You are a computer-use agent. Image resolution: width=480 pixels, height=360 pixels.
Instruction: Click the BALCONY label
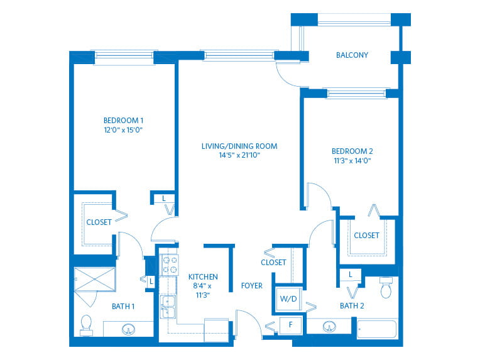click(x=352, y=55)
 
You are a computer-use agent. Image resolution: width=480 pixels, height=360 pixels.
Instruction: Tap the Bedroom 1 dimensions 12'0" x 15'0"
click(x=123, y=130)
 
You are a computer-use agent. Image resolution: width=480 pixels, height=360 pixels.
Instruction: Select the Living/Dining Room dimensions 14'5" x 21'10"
click(x=239, y=155)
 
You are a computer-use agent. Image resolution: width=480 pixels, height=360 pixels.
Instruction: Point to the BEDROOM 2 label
click(x=352, y=151)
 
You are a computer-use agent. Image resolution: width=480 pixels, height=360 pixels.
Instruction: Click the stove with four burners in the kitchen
click(x=170, y=265)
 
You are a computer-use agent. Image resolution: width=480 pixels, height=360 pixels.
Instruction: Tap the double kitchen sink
click(x=168, y=307)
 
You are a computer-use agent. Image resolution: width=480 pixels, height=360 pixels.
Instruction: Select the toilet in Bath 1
click(x=86, y=325)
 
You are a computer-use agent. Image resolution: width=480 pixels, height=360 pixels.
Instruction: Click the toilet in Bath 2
click(x=386, y=288)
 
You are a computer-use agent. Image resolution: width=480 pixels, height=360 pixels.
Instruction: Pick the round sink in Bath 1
click(x=128, y=329)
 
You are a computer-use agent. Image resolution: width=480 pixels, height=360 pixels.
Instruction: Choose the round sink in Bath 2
click(x=329, y=326)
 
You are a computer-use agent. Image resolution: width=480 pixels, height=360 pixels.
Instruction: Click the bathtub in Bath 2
click(x=378, y=329)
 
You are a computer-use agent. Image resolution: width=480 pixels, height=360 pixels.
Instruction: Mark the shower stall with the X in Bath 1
click(x=95, y=279)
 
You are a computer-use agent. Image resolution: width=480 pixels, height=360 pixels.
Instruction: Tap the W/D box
click(x=288, y=299)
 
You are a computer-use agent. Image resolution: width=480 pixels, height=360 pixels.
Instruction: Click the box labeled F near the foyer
click(x=290, y=325)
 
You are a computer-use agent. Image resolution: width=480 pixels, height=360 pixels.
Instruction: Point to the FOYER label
click(x=252, y=286)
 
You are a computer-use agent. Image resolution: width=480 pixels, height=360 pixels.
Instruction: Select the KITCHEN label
click(x=203, y=277)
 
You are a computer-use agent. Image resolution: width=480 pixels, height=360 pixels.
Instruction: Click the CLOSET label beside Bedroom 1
click(x=99, y=222)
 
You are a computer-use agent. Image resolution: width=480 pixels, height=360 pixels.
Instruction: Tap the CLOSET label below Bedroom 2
click(x=366, y=236)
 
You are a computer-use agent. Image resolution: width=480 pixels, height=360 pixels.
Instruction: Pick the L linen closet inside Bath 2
click(x=351, y=275)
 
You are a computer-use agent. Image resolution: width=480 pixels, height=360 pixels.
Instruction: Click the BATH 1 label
click(x=123, y=307)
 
